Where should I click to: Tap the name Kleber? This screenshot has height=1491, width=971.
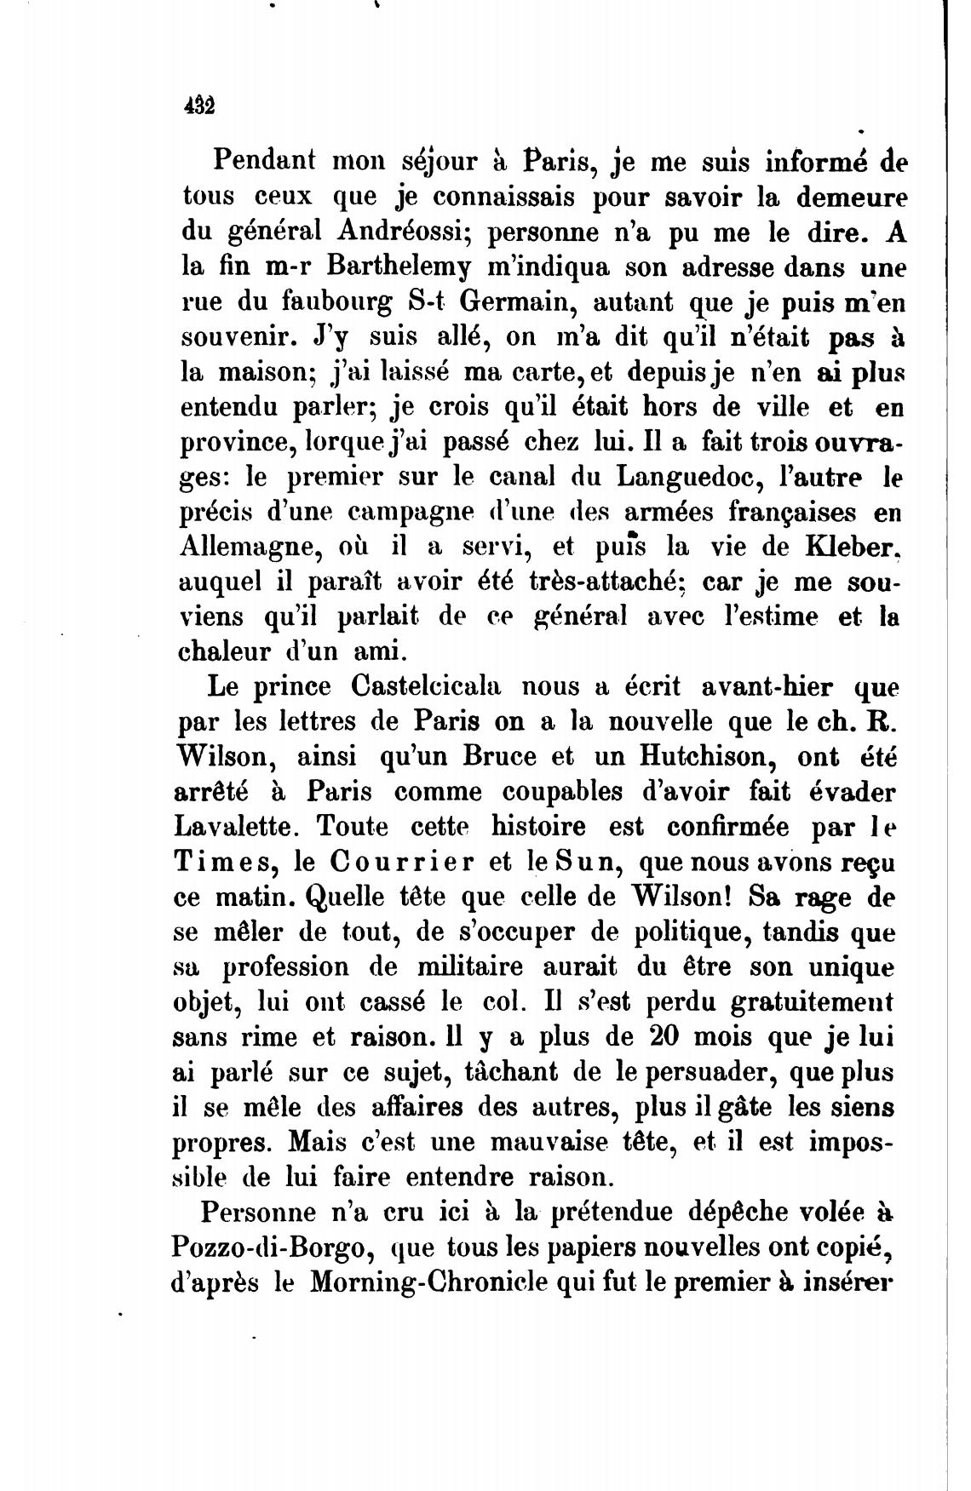(853, 547)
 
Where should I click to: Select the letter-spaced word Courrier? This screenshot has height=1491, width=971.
(400, 862)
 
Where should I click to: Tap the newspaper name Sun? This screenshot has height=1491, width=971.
(583, 862)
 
